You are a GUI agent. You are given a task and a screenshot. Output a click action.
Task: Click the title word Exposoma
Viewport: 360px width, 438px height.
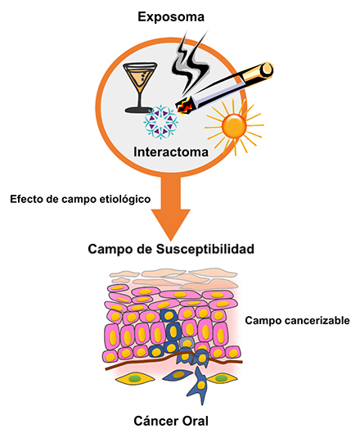tap(171, 16)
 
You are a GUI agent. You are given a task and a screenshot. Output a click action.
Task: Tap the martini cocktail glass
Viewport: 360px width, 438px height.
tap(140, 87)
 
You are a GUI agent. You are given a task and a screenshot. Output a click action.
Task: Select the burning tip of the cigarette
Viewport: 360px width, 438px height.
tap(184, 106)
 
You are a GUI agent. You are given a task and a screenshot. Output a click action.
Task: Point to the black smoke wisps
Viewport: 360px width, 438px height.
tap(190, 63)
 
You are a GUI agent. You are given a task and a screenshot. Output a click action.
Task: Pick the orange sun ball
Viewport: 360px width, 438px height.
tap(234, 126)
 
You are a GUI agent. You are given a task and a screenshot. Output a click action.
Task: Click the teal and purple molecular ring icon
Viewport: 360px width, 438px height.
tap(160, 122)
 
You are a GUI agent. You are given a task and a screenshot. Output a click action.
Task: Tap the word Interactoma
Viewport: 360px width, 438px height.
tap(171, 152)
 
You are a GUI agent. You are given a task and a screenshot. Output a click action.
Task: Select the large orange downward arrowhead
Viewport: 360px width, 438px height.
tap(171, 224)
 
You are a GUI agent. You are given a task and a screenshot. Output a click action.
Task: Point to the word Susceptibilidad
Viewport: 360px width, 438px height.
tap(205, 249)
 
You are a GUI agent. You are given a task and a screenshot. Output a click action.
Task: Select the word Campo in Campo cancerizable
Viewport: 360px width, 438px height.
tap(263, 321)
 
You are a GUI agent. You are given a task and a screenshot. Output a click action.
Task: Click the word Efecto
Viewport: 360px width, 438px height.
tap(25, 199)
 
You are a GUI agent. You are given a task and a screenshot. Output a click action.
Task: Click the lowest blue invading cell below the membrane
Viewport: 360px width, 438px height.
tap(200, 386)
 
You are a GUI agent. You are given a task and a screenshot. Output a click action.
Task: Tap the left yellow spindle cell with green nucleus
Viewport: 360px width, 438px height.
tap(135, 379)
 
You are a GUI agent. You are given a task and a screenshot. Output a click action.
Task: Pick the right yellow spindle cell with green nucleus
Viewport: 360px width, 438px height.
tap(221, 378)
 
